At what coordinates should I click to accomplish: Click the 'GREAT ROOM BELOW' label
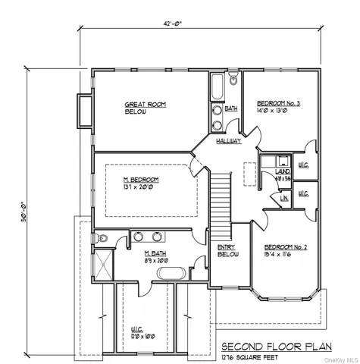click(145, 108)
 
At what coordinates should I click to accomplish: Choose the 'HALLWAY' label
click(228, 142)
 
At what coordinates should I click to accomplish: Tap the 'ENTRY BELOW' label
click(227, 252)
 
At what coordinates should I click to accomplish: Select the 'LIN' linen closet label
click(283, 199)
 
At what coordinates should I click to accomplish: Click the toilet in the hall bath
click(234, 80)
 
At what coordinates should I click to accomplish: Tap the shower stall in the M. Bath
click(102, 262)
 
